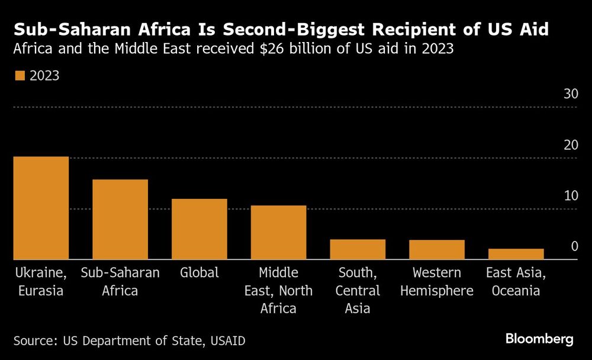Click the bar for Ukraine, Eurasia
point(41,208)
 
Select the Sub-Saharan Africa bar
point(120,219)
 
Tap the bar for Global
point(200,229)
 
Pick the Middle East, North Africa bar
point(278,232)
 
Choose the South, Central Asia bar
point(358,249)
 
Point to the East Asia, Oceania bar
point(516,254)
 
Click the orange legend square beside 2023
point(20,76)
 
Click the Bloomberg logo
point(539,339)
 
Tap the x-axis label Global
point(200,273)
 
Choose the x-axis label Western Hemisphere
point(437,282)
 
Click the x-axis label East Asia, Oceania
point(513,282)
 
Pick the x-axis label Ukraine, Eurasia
point(40,282)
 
